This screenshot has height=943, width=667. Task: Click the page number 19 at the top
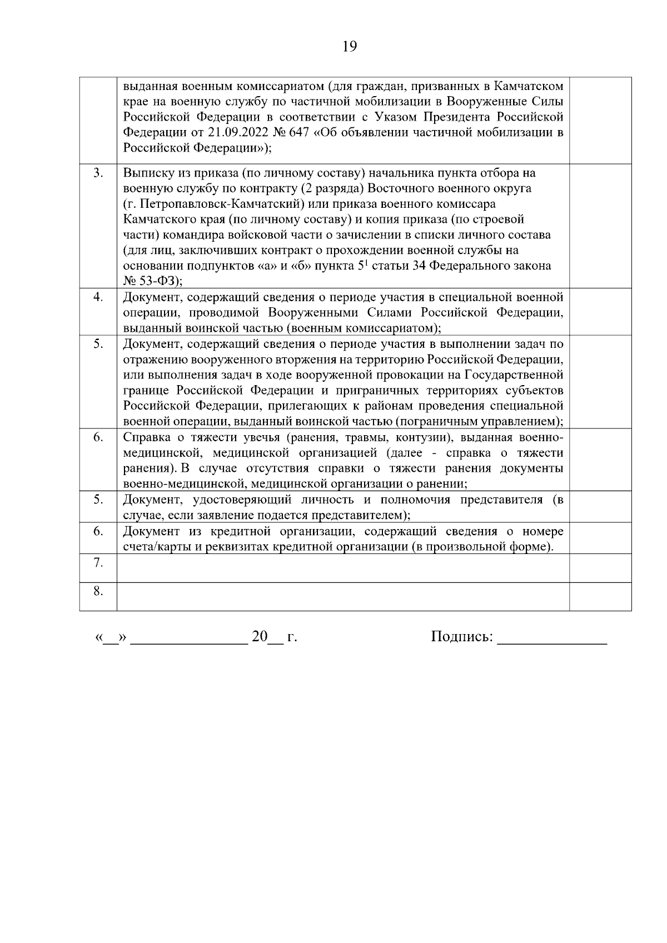pos(349,47)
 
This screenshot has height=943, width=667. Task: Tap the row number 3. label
pos(98,173)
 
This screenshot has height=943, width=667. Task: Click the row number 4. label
pos(98,297)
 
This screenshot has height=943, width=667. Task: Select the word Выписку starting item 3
pos(146,173)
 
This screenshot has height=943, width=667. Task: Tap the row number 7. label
pos(98,563)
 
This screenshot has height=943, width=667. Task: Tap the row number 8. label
pos(98,591)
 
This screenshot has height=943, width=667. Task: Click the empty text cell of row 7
pos(342,568)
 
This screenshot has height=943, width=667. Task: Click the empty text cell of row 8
pos(342,596)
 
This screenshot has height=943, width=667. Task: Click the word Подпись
pos(461,637)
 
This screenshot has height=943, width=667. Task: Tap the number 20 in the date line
pos(260,637)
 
